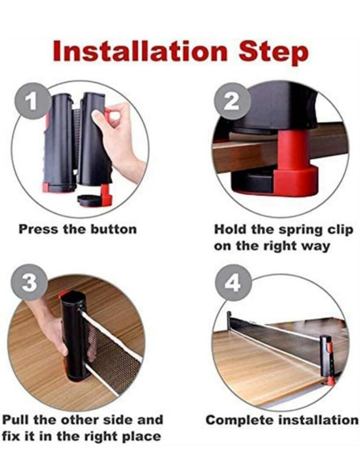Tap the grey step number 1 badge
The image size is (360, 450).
point(30,102)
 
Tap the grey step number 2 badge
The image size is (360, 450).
point(232,102)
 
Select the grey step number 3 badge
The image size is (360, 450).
point(29,283)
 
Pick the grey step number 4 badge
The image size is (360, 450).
point(232,283)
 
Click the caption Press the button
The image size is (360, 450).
point(77,229)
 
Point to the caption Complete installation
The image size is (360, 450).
point(282,420)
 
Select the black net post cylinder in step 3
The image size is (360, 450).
point(71,334)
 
